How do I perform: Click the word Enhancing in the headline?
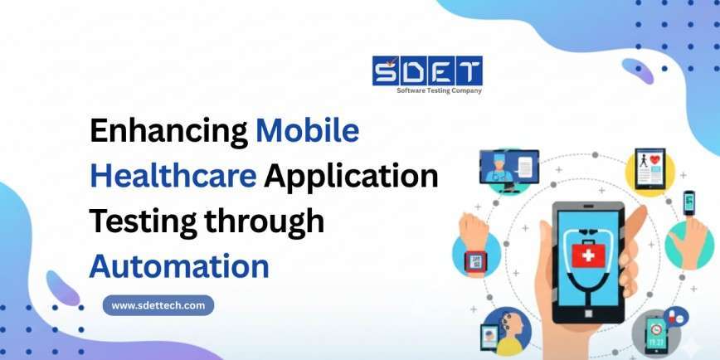(x=166, y=132)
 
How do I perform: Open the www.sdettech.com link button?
(x=158, y=305)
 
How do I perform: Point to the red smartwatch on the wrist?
(x=477, y=263)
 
